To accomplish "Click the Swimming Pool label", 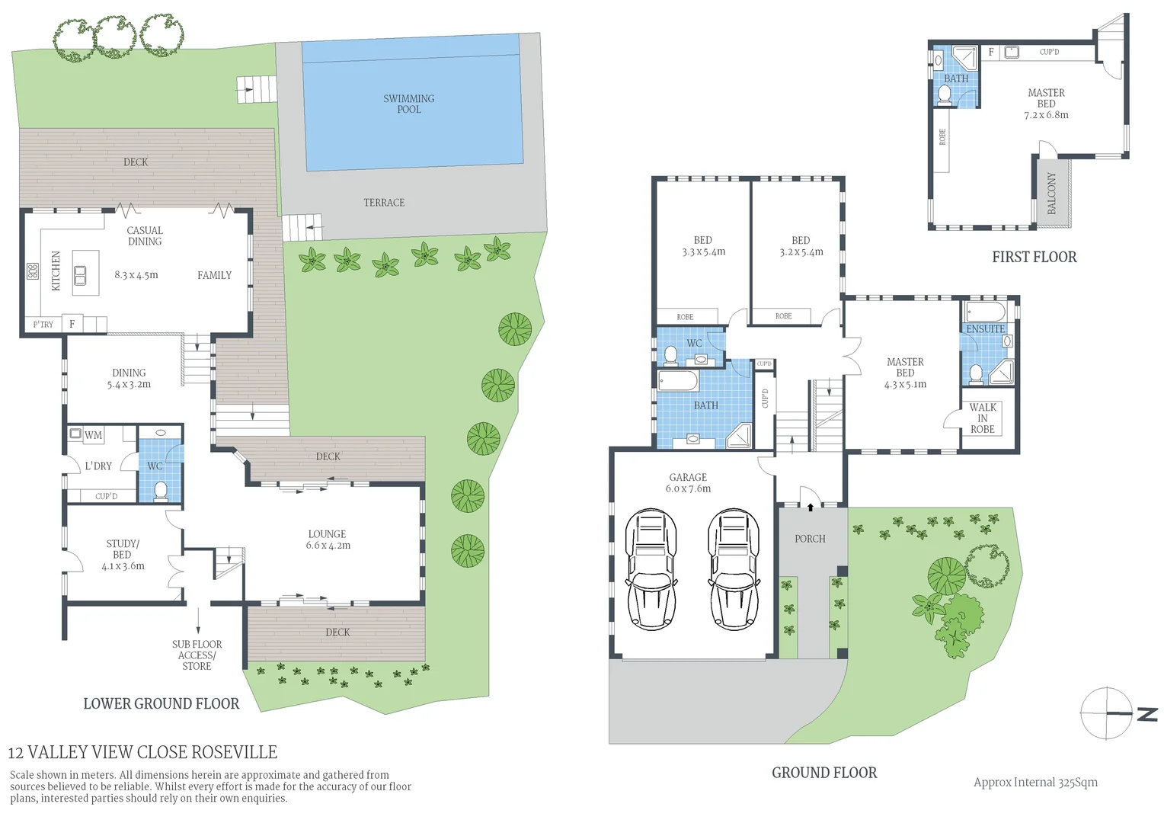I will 408,104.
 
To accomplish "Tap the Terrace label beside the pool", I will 384,203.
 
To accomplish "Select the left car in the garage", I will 651,569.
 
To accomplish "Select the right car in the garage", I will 734,569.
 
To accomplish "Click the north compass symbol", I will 1108,713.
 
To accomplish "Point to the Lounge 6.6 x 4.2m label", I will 328,540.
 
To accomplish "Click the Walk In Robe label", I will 983,418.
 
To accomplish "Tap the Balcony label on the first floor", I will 1052,193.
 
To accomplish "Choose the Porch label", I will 810,539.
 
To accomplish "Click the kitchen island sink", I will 80,275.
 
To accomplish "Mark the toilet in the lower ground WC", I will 161,490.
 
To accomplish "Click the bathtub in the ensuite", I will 986,312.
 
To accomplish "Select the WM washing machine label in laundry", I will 93,435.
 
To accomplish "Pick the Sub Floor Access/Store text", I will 197,655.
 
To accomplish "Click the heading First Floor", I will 1034,257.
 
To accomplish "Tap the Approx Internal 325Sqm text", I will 1035,782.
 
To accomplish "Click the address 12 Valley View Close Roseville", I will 142,752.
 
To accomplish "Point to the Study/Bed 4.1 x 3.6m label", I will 123,555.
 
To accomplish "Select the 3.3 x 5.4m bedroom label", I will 703,245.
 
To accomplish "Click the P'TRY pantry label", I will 43,325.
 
